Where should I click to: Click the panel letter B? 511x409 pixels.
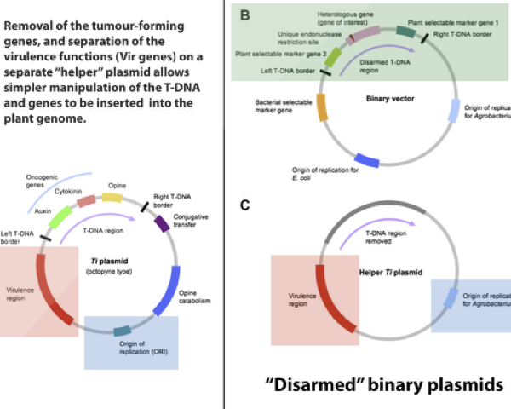coord(246,15)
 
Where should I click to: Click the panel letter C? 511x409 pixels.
coord(246,205)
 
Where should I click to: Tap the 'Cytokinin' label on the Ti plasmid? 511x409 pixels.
coord(78,193)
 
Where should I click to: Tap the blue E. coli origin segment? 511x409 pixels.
coord(366,160)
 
